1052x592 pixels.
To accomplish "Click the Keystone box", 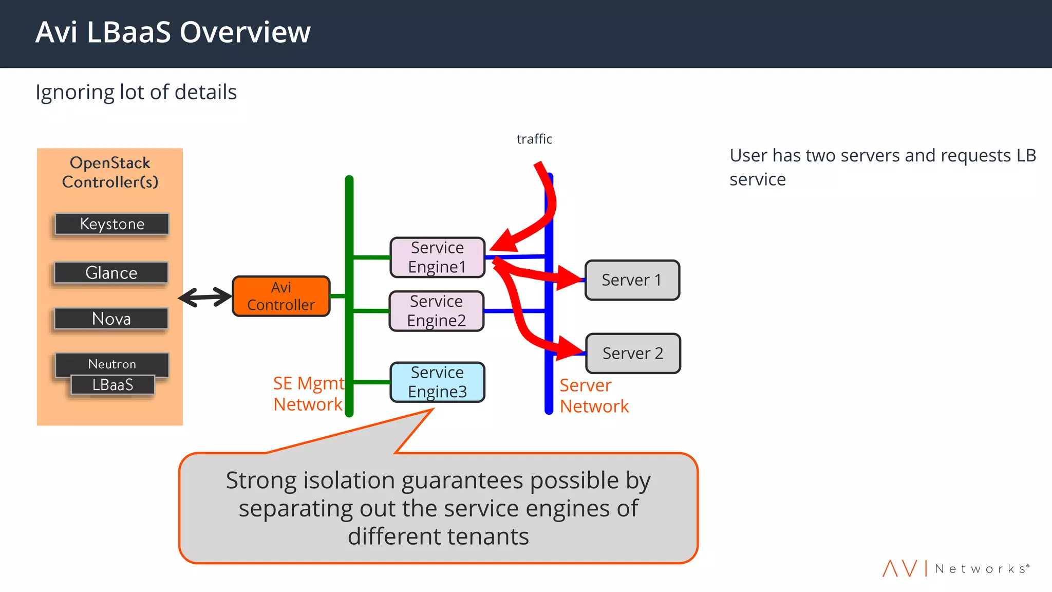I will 112,224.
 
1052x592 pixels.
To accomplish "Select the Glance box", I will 111,272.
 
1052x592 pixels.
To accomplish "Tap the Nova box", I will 111,319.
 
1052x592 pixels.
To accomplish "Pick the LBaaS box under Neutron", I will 112,385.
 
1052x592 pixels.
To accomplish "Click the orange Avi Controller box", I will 281,296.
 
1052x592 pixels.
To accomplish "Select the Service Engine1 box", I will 437,257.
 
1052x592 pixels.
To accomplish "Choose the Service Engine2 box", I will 436,311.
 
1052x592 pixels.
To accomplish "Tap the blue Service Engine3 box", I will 437,382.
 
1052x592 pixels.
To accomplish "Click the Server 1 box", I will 632,280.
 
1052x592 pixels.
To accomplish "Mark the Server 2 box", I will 633,354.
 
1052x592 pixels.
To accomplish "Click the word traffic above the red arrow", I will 534,139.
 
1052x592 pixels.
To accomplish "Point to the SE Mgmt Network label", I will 308,394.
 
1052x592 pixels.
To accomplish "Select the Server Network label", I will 594,396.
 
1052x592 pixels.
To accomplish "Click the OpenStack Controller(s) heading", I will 110,172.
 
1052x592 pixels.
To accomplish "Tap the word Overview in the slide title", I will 245,32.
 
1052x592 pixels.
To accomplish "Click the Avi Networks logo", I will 955,568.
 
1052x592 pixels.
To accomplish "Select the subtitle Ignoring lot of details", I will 136,92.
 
